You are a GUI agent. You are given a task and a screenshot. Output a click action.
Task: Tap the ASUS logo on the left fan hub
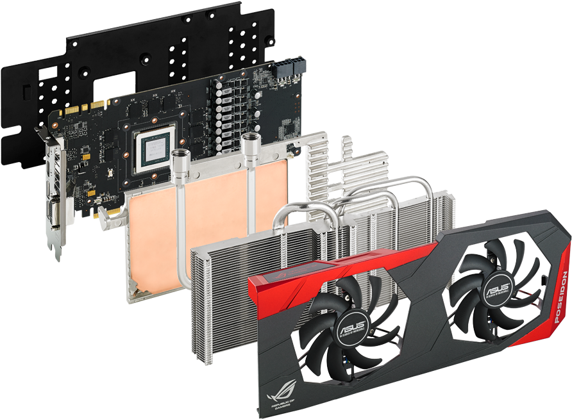pyautogui.click(x=351, y=329)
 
